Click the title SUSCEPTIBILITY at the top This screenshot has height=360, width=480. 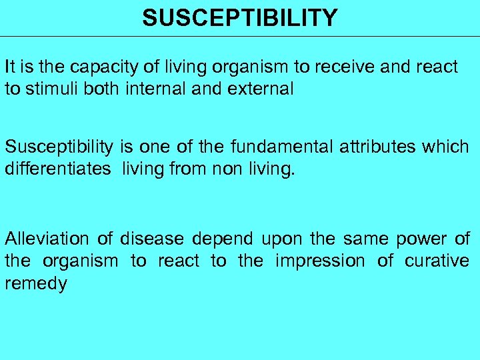(x=240, y=18)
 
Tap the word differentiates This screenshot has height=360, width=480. (x=57, y=169)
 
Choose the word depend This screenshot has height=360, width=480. (x=224, y=239)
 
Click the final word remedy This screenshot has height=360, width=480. (x=36, y=284)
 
